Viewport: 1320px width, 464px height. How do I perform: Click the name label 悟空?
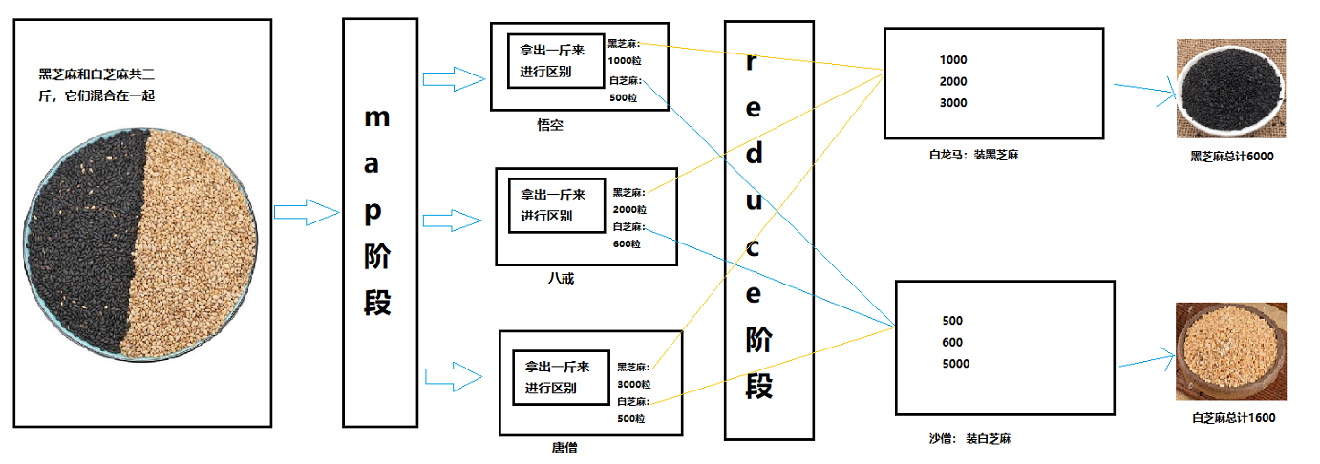click(550, 125)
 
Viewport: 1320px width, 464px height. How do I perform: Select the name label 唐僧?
click(564, 447)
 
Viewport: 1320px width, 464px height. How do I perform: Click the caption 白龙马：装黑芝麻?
click(973, 154)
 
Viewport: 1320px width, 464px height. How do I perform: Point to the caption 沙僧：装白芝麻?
click(969, 439)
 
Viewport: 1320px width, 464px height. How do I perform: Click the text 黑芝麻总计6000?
click(1231, 157)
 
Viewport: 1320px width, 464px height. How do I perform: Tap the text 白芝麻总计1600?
click(1233, 417)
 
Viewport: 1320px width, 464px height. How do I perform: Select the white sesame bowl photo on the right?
click(1230, 351)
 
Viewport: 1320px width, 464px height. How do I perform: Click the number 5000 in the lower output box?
click(955, 364)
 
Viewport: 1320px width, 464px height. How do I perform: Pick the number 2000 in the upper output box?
click(953, 82)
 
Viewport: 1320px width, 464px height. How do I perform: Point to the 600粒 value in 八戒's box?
click(627, 243)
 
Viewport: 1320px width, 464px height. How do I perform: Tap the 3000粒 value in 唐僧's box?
click(631, 384)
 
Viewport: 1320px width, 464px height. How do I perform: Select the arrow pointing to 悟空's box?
click(455, 79)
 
